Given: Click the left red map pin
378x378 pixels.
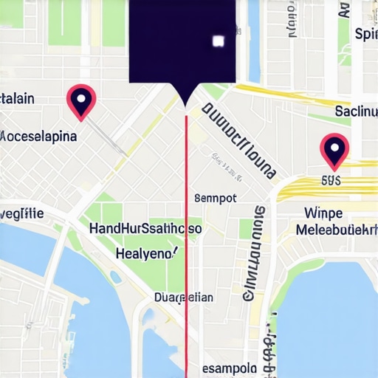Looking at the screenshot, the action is [x=81, y=100].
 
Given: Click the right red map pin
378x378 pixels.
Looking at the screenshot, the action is [x=334, y=149].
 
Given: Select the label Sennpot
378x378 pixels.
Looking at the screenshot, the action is [x=215, y=198].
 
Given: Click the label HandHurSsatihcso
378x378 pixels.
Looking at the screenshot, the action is [x=145, y=229].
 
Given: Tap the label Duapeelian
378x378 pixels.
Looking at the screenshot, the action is [x=184, y=298].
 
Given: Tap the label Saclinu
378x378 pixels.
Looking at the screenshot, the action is [x=356, y=111].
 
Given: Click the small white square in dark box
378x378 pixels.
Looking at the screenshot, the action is [x=217, y=41].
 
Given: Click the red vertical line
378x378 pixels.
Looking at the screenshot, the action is [x=186, y=244].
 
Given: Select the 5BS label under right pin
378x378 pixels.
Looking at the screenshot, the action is [x=331, y=179].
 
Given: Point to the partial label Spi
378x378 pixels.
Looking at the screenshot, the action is [x=365, y=34].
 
